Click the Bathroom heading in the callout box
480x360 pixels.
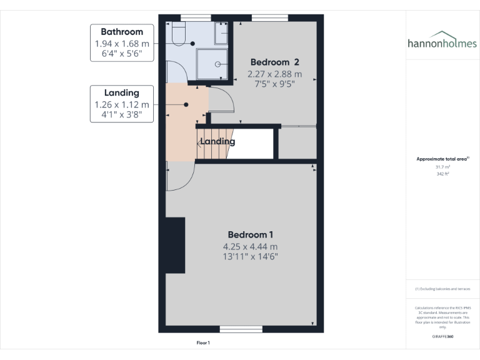coord(122,32)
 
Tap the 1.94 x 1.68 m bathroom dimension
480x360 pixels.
coord(122,44)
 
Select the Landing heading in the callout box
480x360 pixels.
coord(122,93)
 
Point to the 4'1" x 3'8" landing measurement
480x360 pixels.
coord(122,116)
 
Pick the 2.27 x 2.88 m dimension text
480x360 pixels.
coord(271,73)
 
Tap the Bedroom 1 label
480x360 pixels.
coord(250,234)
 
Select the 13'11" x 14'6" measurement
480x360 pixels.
coord(250,256)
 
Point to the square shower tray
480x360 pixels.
coord(212,64)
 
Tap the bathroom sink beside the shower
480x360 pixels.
coord(222,34)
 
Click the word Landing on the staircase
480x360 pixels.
coord(217,142)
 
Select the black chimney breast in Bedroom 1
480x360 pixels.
coord(176,245)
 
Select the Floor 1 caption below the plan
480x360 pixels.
coord(203,343)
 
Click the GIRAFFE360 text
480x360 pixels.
coord(442,336)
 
